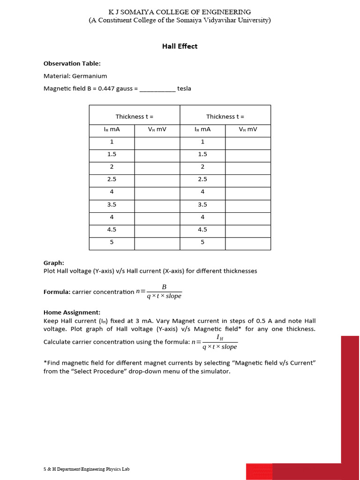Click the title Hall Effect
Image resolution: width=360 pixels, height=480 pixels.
(x=180, y=46)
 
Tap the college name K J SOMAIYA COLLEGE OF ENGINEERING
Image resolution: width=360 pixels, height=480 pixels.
(x=180, y=12)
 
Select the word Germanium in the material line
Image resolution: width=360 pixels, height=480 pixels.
(x=90, y=76)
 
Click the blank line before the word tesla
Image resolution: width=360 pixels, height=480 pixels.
(x=157, y=89)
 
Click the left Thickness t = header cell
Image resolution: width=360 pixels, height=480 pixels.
(x=135, y=116)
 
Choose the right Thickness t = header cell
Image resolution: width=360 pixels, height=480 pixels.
(x=225, y=116)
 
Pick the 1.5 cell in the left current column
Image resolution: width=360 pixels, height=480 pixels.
(x=112, y=154)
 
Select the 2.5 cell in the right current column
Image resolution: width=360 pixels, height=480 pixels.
(x=202, y=179)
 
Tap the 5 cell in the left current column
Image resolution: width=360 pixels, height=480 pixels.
(x=112, y=242)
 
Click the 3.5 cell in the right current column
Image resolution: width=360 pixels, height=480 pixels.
(x=202, y=204)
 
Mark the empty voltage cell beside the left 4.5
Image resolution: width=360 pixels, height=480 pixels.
(x=157, y=230)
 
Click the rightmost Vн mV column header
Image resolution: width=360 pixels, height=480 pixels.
(x=248, y=129)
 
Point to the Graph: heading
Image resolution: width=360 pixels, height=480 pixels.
(x=54, y=263)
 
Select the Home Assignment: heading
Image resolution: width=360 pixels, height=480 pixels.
(x=72, y=312)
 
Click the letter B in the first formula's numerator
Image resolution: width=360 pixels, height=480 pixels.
(x=164, y=287)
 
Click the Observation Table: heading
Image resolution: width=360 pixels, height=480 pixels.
(x=72, y=63)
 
